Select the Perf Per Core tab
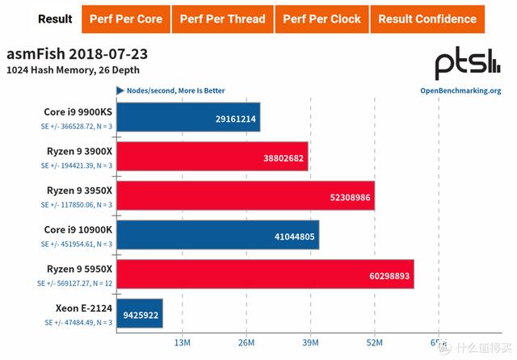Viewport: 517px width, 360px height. pyautogui.click(x=126, y=19)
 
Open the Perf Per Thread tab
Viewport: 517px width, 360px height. pyautogui.click(x=223, y=19)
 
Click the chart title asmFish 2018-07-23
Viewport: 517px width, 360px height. pyautogui.click(x=77, y=56)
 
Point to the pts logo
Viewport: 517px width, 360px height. pyautogui.click(x=467, y=65)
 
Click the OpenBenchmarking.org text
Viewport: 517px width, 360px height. pyautogui.click(x=460, y=91)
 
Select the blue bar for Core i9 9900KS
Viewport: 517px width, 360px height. pyautogui.click(x=187, y=117)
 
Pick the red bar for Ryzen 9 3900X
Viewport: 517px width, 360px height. pyautogui.click(x=212, y=157)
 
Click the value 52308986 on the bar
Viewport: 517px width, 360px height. pyautogui.click(x=340, y=196)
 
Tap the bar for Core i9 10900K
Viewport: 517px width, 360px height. pyautogui.click(x=217, y=234)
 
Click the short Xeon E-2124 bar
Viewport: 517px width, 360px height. pyautogui.click(x=140, y=313)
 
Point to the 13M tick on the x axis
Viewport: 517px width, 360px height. pyautogui.click(x=182, y=344)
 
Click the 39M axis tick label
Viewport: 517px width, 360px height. pyautogui.click(x=310, y=344)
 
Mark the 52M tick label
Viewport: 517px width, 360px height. pyautogui.click(x=374, y=344)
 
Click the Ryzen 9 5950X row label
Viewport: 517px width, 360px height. pyautogui.click(x=78, y=267)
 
